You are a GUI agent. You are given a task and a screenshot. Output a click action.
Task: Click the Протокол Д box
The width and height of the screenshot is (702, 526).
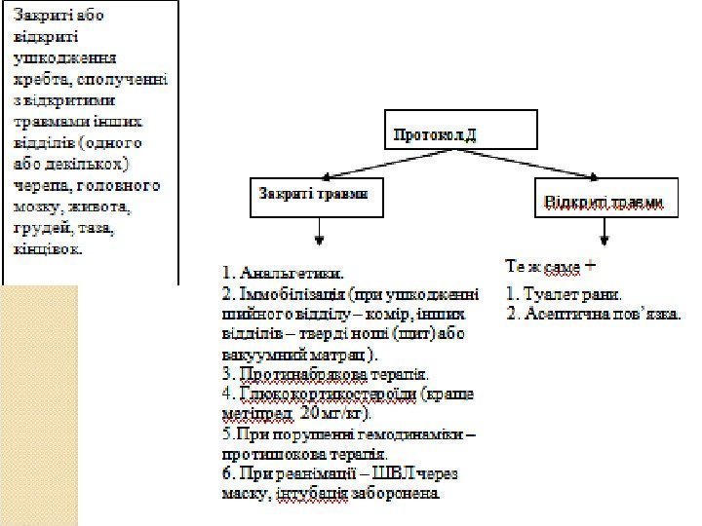tap(464, 133)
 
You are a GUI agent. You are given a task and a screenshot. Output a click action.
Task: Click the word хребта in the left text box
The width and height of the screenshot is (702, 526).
tap(41, 78)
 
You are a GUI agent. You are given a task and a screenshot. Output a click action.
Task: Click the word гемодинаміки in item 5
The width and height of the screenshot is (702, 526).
tap(409, 434)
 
